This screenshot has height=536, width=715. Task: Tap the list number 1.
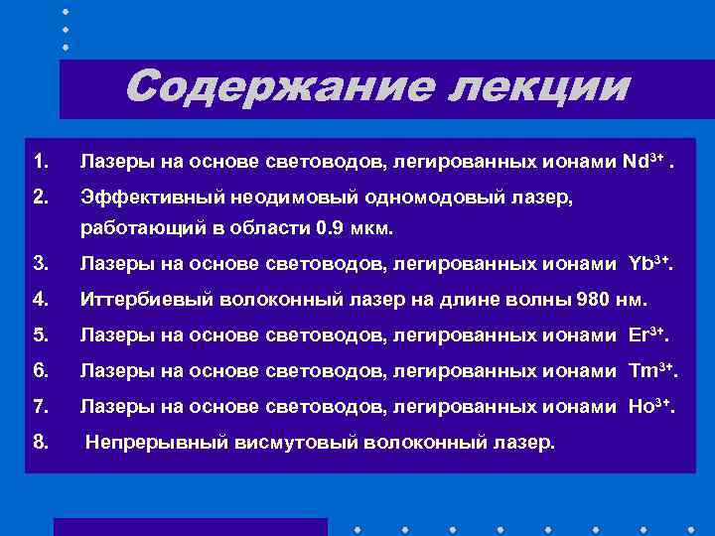40,161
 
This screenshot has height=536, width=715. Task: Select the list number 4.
40,299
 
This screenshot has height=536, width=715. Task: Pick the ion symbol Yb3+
649,263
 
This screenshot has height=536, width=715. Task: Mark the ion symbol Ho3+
651,406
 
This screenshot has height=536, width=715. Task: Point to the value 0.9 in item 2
328,228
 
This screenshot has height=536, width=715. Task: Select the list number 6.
40,370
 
